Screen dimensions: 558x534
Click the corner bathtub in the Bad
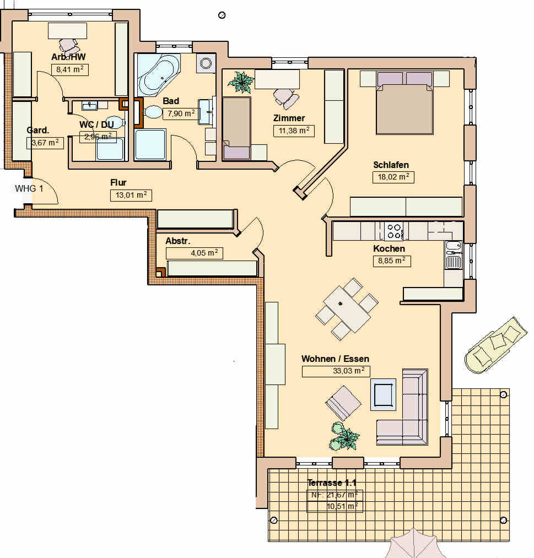pyautogui.click(x=158, y=74)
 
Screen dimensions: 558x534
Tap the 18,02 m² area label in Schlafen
pyautogui.click(x=393, y=177)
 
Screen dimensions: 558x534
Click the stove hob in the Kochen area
pyautogui.click(x=394, y=231)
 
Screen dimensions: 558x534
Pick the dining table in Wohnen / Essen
pyautogui.click(x=347, y=308)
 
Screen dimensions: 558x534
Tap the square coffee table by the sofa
pyautogui.click(x=382, y=394)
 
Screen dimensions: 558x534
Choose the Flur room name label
pyautogui.click(x=118, y=182)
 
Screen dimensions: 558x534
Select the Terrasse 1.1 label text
pyautogui.click(x=332, y=483)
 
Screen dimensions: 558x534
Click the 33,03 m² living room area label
pyautogui.click(x=336, y=371)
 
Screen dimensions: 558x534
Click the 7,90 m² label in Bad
pyautogui.click(x=181, y=113)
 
